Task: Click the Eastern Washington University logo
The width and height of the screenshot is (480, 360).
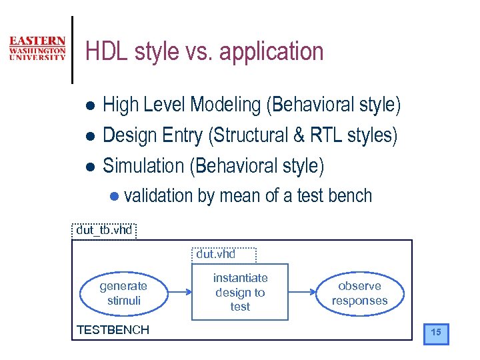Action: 37,49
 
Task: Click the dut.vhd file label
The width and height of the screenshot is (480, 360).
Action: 215,254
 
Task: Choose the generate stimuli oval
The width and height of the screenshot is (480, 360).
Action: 123,293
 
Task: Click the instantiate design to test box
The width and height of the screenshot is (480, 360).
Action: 240,292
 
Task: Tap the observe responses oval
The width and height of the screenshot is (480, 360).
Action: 359,293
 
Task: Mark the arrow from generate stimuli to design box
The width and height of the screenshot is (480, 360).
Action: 179,292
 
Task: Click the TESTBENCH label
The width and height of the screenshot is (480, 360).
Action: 113,329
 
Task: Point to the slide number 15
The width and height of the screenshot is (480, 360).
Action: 436,332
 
